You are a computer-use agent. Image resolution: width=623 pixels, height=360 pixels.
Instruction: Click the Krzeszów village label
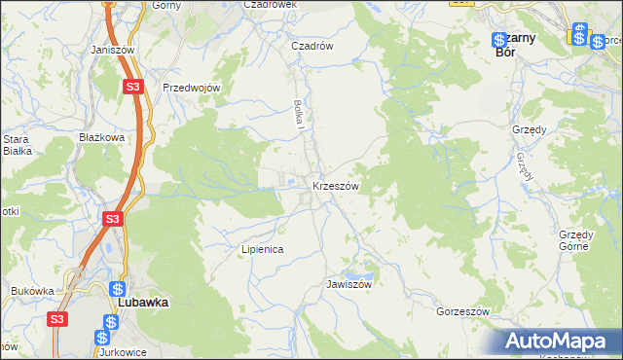[337, 186]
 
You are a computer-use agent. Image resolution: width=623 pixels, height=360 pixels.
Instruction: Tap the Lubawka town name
[143, 303]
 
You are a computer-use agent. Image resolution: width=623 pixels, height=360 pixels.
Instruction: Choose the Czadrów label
[313, 45]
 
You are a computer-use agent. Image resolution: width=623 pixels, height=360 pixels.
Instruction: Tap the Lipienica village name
[262, 249]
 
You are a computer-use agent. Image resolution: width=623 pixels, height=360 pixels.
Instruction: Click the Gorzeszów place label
[461, 311]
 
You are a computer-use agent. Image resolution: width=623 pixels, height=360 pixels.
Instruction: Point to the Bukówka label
[32, 290]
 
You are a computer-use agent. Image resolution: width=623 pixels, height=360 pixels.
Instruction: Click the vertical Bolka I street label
[301, 116]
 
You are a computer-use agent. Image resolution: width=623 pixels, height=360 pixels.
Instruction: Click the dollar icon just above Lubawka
[118, 289]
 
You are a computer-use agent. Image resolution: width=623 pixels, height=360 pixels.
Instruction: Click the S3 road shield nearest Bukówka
[58, 318]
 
